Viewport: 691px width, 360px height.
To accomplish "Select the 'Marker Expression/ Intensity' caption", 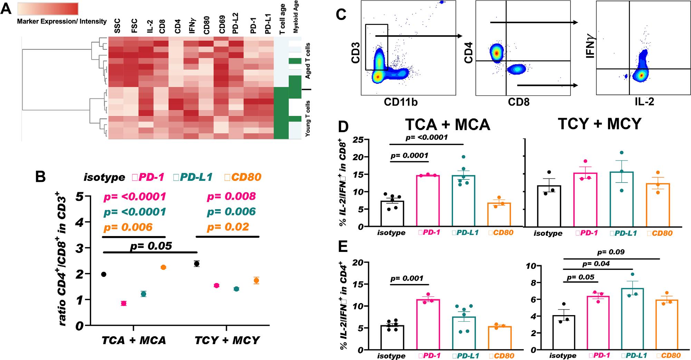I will coord(62,21).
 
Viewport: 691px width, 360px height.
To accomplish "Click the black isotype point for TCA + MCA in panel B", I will coord(103,274).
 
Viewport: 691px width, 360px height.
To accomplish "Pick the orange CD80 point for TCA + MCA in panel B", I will coord(163,267).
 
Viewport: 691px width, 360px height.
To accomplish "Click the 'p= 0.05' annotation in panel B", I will coord(151,246).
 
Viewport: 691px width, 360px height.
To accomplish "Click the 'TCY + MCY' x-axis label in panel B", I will coord(227,340).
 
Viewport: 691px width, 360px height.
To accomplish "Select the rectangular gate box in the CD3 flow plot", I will coord(377,47).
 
